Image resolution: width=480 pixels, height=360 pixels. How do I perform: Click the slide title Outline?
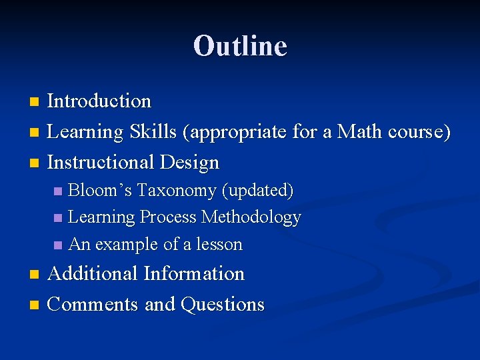(240, 46)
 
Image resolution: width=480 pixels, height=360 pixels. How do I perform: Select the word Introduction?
(99, 101)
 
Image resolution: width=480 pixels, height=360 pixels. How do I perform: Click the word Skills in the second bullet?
(153, 132)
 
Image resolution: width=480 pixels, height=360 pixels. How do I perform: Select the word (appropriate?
(237, 132)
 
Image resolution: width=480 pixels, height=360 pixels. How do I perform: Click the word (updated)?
(258, 191)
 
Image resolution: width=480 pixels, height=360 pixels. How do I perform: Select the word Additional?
(93, 274)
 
